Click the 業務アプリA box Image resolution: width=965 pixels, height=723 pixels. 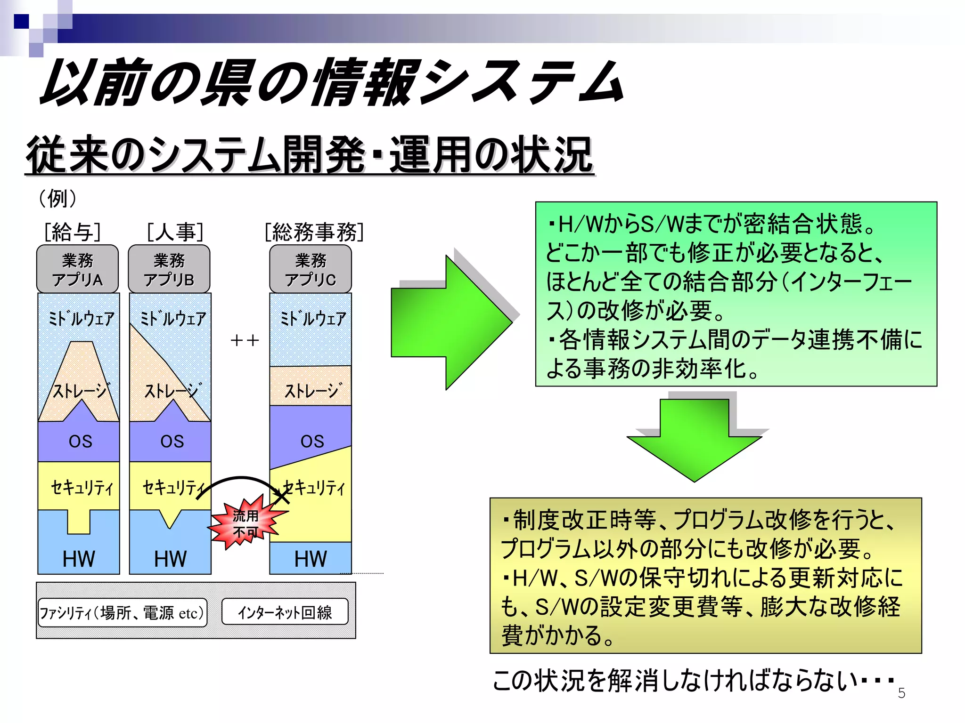(x=77, y=269)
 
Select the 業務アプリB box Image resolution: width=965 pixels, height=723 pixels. (x=169, y=269)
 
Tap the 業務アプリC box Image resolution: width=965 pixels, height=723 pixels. (x=311, y=269)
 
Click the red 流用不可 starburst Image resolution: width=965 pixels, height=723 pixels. (x=246, y=523)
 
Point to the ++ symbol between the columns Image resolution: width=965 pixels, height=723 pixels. (x=245, y=340)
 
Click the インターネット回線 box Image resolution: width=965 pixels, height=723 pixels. (x=285, y=612)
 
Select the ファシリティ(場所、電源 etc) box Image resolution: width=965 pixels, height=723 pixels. (x=122, y=612)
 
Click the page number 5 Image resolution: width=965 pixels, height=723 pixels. (x=901, y=693)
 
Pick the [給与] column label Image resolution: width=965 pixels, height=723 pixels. (x=73, y=232)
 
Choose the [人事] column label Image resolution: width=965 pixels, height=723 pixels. (x=175, y=232)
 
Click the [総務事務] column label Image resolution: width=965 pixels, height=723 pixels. (x=314, y=232)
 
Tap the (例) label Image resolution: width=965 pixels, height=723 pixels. (x=57, y=198)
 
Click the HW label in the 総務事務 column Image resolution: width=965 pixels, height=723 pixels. (x=311, y=559)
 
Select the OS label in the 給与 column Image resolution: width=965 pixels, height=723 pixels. (x=80, y=441)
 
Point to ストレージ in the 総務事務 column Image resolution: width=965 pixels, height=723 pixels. (x=311, y=390)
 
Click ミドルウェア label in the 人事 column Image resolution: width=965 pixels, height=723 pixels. (x=172, y=319)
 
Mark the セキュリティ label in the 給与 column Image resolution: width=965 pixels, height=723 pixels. (x=82, y=487)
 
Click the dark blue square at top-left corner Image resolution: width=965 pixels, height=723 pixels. (x=21, y=22)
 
